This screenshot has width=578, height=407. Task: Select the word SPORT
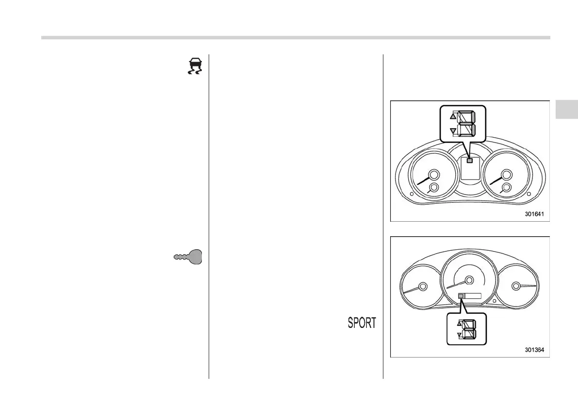point(362,323)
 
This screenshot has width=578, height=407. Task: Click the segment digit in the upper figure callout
point(466,123)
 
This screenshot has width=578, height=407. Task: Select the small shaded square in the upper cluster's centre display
point(469,160)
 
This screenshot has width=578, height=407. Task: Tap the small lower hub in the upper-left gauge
point(434,188)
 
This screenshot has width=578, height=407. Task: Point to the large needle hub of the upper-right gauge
point(507,175)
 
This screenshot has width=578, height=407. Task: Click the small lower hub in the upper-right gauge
point(506,188)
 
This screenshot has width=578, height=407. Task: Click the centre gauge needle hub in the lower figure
point(469,280)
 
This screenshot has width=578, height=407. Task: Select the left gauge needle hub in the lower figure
point(422,286)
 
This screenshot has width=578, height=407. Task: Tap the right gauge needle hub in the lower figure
point(516,286)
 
